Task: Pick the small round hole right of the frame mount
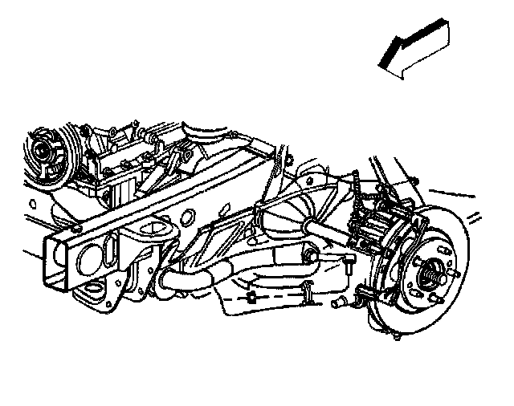[x=187, y=217]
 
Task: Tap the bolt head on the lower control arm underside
[x=252, y=300]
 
